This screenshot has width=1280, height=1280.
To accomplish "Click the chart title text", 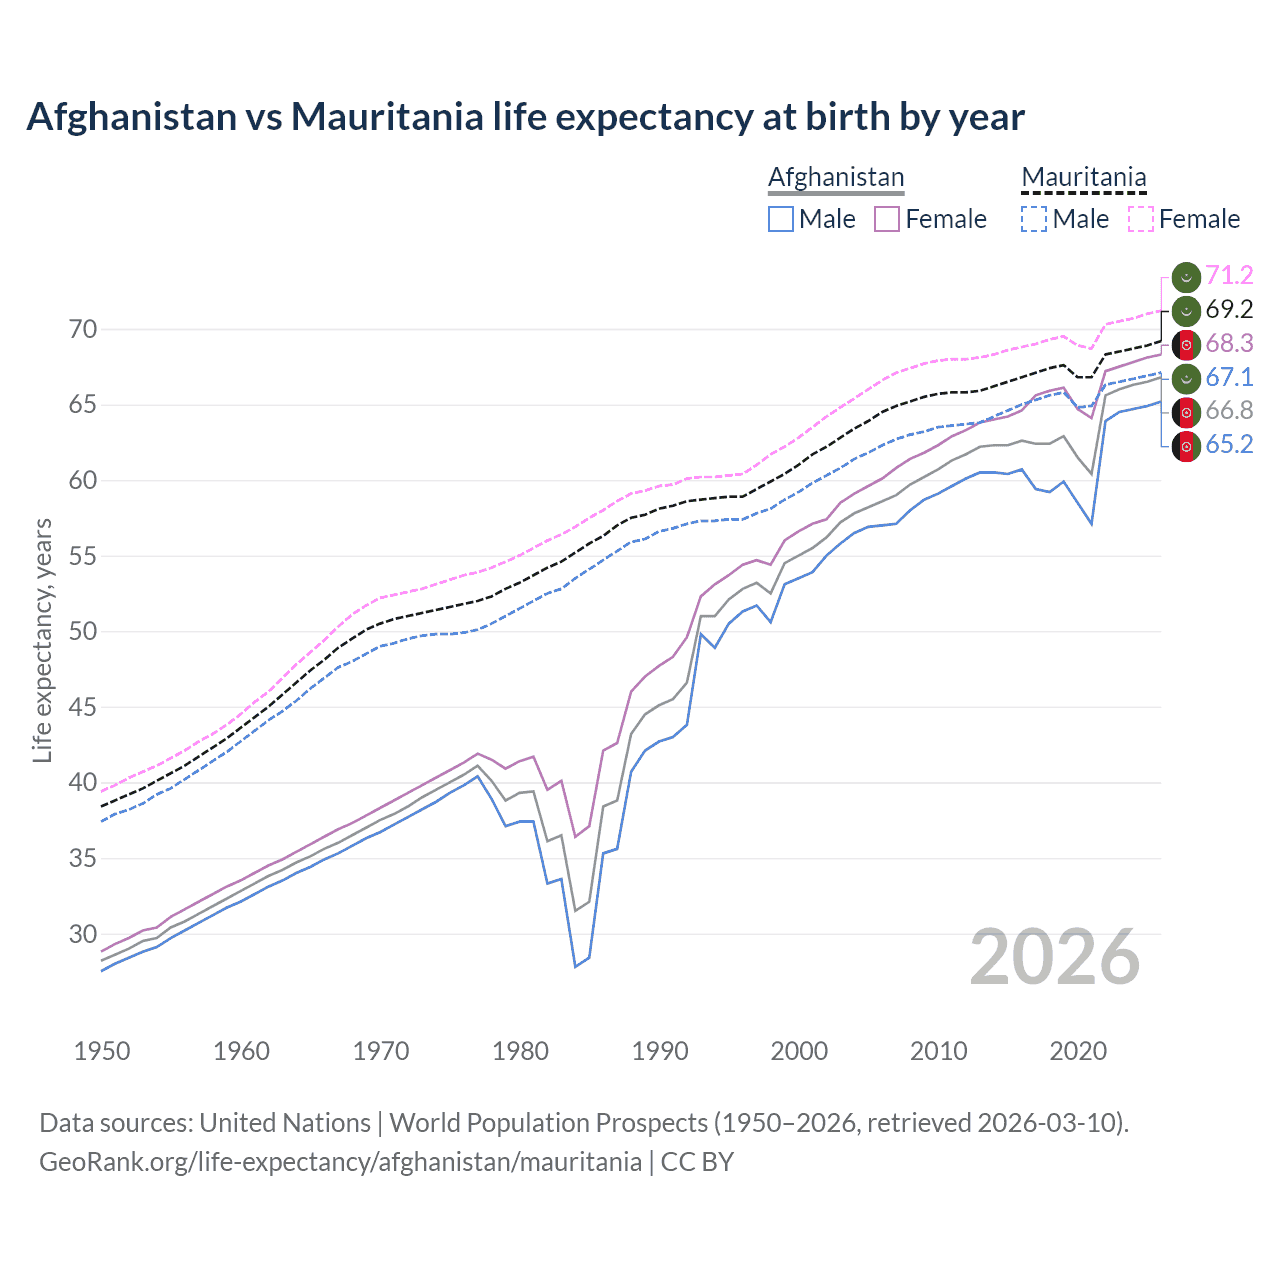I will coord(525,117).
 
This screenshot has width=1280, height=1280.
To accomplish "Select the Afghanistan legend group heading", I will coord(835,178).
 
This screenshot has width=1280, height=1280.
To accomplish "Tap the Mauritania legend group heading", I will coord(1083,178).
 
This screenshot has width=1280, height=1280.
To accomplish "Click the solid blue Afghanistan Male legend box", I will coord(781,219).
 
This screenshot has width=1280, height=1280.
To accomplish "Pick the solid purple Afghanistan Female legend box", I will coord(887,219).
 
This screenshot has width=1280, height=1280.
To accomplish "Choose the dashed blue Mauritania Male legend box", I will coord(1034,219).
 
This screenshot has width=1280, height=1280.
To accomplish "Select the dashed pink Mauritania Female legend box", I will coord(1140,219).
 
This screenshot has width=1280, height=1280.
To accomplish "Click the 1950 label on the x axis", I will coord(102,1051).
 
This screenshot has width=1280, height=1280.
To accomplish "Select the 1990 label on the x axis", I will coord(660,1051).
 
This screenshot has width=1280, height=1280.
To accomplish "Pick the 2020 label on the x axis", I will coord(1078,1051).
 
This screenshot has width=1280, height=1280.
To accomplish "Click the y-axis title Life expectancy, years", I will coord(42,640).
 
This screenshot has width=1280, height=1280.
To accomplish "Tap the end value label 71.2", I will coord(1229,276).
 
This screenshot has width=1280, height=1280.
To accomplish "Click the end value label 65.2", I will coord(1229,445).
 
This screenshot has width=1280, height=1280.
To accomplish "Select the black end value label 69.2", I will coord(1229,310).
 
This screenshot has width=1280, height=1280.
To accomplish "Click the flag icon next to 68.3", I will coord(1186,344).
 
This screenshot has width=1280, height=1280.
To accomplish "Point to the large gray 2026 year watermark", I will coord(1055,957).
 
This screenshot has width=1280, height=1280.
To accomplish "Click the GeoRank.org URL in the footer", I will coord(340,1162).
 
